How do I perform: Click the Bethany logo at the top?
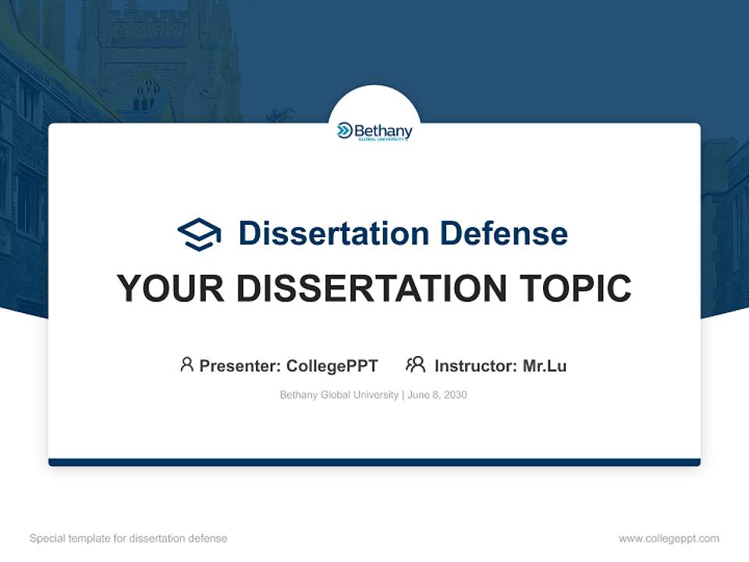click(374, 131)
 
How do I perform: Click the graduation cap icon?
click(199, 233)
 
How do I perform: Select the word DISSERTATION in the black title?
click(371, 289)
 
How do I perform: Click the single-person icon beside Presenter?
click(186, 365)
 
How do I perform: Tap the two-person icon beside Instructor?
click(415, 365)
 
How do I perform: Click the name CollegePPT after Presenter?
click(332, 365)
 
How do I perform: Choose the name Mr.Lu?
click(545, 365)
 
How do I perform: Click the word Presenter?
click(240, 365)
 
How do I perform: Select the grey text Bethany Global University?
click(339, 395)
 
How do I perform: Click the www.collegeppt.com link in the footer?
click(669, 539)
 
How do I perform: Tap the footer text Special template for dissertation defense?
click(129, 539)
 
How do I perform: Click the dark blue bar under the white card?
click(374, 462)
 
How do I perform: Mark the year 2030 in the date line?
click(455, 395)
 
